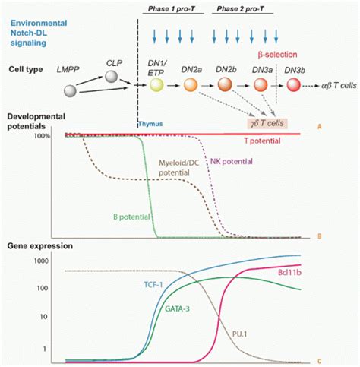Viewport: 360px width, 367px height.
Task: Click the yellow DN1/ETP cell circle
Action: coord(156,87)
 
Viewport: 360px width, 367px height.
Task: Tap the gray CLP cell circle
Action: coord(112,76)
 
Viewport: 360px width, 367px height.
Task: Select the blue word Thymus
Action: coord(150,122)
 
